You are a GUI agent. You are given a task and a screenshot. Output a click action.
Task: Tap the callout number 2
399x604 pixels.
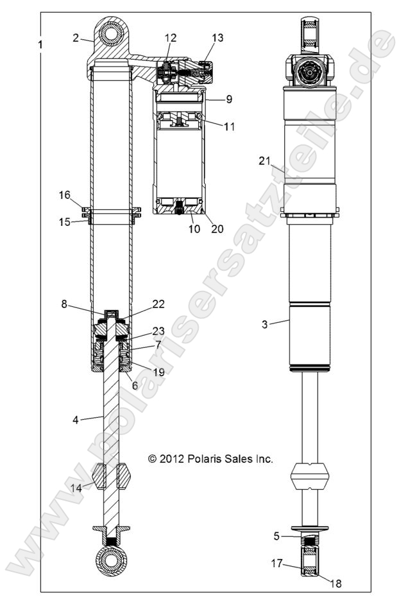click(x=76, y=38)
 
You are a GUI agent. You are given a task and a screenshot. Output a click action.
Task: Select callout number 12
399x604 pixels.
click(x=169, y=39)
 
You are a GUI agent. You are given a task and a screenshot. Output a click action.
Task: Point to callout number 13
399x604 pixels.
click(x=217, y=38)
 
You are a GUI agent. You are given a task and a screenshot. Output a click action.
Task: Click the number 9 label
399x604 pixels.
click(x=229, y=99)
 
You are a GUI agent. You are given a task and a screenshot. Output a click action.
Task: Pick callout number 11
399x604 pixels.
click(x=229, y=126)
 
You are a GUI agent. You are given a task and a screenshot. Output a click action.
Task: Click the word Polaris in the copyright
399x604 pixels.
click(x=206, y=459)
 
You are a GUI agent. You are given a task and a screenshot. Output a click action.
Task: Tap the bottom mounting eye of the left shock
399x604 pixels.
click(x=114, y=560)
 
